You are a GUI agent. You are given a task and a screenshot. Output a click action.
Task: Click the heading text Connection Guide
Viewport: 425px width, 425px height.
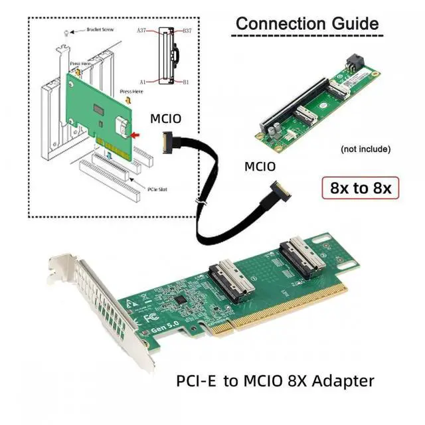(x=307, y=24)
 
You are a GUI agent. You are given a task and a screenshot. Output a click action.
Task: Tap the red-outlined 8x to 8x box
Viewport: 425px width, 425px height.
(x=361, y=188)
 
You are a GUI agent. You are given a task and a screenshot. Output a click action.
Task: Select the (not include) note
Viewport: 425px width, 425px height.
(x=365, y=149)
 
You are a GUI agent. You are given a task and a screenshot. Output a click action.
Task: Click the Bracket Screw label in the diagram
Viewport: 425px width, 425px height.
(x=101, y=30)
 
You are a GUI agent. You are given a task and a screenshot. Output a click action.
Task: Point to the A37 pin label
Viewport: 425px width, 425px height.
(x=141, y=30)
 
